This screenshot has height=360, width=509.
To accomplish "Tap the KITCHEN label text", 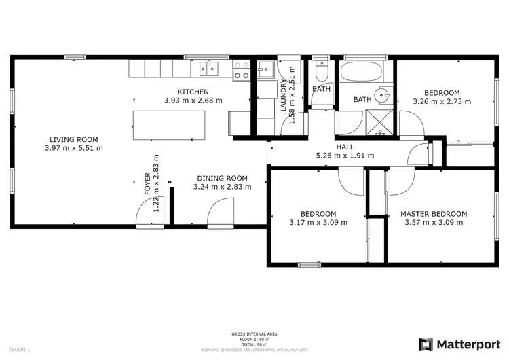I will coord(193,92).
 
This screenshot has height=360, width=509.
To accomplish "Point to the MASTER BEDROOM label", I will coord(433,213).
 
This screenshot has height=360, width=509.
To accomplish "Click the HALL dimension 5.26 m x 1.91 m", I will coord(345,156).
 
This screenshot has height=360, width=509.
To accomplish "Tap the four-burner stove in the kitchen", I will coord(241,70).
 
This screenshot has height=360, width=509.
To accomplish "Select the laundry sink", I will coord(265,69).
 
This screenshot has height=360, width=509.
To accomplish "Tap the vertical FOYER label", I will coord(148,190).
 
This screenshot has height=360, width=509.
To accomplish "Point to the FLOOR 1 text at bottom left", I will coord(20,349).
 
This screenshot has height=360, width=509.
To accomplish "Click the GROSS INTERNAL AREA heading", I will coord(254,334).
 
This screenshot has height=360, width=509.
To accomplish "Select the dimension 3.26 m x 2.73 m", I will coord(442,101).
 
